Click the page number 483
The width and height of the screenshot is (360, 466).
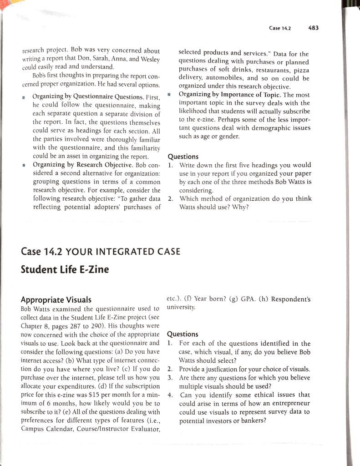point(314,28)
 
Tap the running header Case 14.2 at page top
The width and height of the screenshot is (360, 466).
point(280,28)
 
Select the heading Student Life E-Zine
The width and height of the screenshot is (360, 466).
point(65,269)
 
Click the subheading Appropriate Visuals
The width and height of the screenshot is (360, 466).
point(56,299)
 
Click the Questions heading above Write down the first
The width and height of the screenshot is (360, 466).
point(183,156)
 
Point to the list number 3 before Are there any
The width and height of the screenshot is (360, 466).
point(170,378)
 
